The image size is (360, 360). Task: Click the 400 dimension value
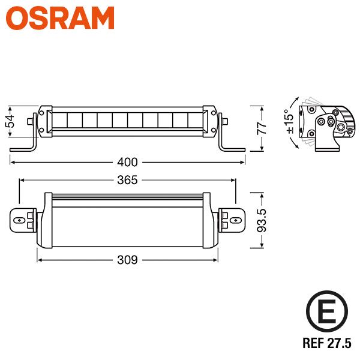tap(127, 161)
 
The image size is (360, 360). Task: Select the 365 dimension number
tap(127, 179)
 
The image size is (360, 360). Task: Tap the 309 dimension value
tap(127, 260)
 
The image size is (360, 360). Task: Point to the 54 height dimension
tap(10, 122)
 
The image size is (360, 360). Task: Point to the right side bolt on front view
tap(225, 121)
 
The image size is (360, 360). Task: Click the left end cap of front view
tap(43, 121)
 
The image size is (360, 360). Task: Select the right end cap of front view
tap(211, 121)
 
